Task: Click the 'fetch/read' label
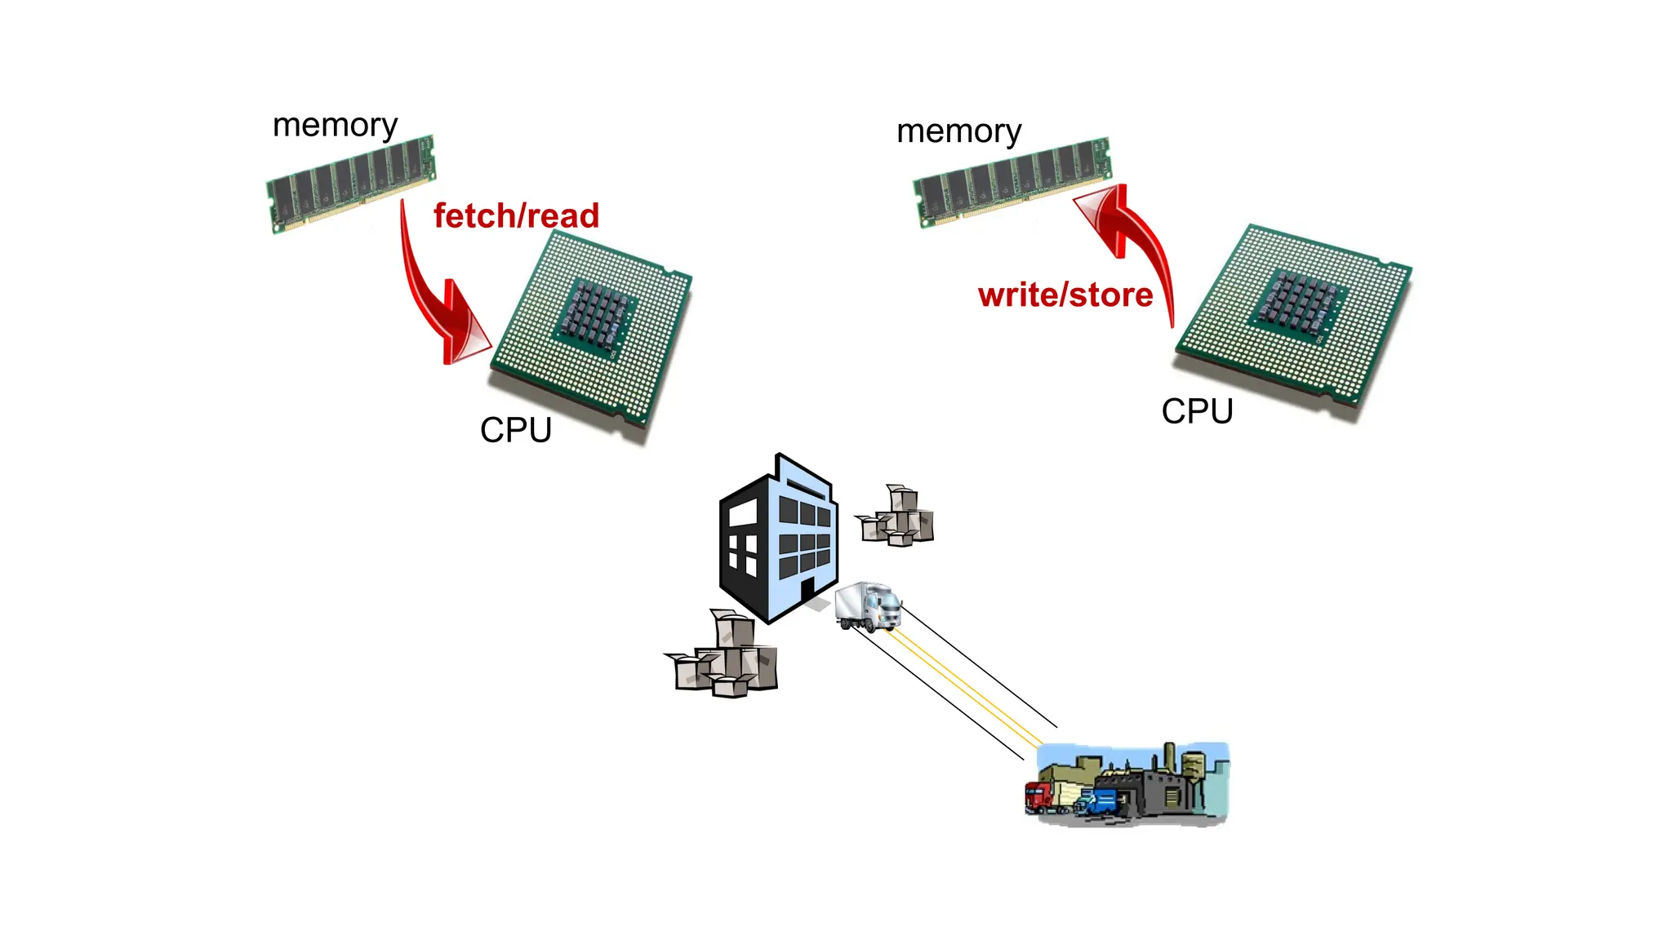516,216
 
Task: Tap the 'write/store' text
1065,295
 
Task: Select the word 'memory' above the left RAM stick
335,126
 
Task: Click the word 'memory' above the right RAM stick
958,131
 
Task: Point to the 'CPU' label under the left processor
515,430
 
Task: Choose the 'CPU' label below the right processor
1197,411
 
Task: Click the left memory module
351,184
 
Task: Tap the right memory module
1012,181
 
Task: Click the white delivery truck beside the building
868,606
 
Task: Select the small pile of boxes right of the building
897,517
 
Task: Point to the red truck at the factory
1039,796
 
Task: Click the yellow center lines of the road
963,685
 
